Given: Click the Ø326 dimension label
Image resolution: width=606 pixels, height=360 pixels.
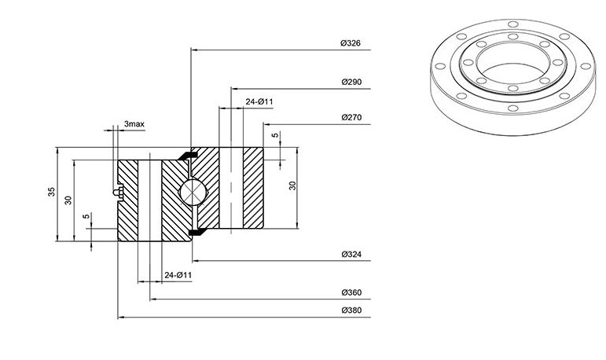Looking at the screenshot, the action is [x=351, y=43].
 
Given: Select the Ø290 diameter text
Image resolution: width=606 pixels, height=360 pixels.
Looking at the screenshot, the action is [x=351, y=82].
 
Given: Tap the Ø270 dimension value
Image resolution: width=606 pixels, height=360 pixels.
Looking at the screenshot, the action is [x=351, y=117].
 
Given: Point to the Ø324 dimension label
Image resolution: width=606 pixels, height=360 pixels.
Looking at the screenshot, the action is [x=351, y=254].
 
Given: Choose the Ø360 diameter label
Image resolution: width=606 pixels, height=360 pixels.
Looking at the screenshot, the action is [x=351, y=292].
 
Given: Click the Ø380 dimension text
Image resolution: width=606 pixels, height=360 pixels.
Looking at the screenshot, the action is [x=351, y=310].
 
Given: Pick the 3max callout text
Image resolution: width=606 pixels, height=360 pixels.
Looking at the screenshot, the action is [x=134, y=124].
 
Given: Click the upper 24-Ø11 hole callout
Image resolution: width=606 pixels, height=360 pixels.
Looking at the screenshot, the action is [x=259, y=101].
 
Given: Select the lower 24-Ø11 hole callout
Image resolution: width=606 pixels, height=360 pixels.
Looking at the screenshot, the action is [x=178, y=275].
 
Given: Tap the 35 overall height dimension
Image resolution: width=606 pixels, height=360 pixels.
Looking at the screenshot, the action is [x=51, y=192].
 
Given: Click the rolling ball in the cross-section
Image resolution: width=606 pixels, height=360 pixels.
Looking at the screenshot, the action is [x=193, y=192].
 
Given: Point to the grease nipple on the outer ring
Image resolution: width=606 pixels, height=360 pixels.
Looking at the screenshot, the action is [x=118, y=192].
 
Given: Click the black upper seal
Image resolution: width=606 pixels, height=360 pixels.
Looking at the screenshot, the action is [x=188, y=154].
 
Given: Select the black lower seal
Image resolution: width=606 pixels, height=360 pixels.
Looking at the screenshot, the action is [x=197, y=231].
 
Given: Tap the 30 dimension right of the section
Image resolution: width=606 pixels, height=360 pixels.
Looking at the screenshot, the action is [x=292, y=186].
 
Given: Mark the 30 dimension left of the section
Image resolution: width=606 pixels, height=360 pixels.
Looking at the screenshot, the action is [x=68, y=200].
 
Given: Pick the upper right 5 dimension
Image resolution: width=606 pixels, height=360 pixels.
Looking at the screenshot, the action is [x=275, y=135].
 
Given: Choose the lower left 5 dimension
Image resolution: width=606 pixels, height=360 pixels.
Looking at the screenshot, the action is [x=86, y=216].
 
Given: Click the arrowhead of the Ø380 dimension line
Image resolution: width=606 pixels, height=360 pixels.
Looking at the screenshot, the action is [x=121, y=318].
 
